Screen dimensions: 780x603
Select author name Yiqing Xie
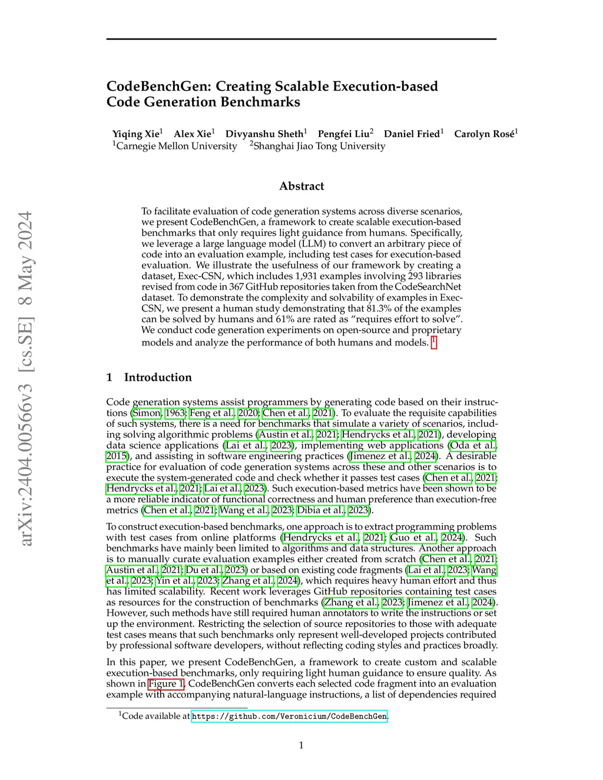point(135,134)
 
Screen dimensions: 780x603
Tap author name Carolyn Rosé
point(484,134)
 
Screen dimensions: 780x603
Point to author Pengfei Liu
point(343,134)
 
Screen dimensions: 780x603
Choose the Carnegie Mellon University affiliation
point(176,146)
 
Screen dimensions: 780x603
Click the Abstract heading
point(301,186)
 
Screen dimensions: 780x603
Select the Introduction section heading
point(157,377)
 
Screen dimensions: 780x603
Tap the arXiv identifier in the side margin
point(25,377)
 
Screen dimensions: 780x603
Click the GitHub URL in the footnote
point(289,716)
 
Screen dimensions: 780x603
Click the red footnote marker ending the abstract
point(434,342)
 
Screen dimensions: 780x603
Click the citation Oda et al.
point(473,446)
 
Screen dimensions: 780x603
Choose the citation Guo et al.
point(413,537)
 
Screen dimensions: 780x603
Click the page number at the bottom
point(301,745)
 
